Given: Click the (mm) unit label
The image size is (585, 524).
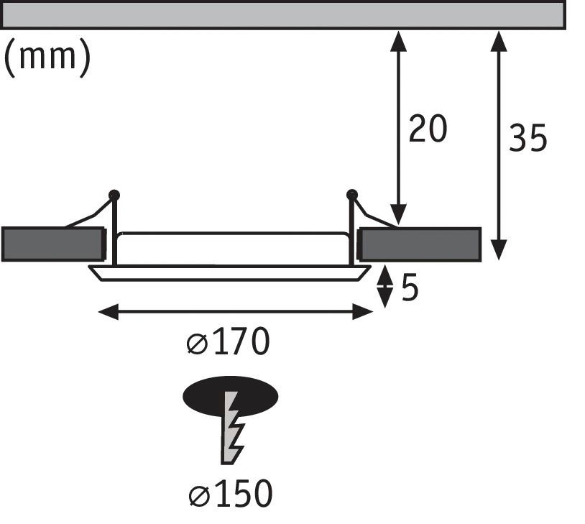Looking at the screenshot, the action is (x=47, y=57).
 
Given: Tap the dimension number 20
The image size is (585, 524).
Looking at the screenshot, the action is (x=428, y=129).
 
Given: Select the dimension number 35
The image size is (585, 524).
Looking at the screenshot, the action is (x=528, y=138).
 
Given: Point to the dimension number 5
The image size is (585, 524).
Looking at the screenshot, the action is (x=410, y=288).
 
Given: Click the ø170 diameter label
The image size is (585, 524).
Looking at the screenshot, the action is (x=228, y=341).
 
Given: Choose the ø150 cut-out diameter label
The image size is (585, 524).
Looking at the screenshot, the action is (x=231, y=493).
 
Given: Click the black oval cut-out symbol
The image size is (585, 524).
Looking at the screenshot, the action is (x=231, y=397).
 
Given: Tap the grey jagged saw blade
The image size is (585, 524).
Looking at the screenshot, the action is (x=232, y=428).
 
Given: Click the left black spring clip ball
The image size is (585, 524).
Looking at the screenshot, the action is (x=114, y=196).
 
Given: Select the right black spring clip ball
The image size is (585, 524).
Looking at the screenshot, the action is (x=352, y=195).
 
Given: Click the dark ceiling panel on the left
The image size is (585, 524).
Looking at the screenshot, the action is (x=53, y=244).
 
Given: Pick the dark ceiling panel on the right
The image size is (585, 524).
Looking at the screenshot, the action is (x=420, y=244).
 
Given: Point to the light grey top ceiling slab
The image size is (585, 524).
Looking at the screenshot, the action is (x=284, y=14).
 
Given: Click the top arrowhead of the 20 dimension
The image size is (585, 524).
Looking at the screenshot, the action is (x=398, y=41).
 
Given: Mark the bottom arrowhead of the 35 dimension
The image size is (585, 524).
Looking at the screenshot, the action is (x=499, y=250).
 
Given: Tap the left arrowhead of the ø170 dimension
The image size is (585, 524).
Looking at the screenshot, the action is (x=109, y=312).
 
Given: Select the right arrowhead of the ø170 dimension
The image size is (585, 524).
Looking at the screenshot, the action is (x=363, y=312).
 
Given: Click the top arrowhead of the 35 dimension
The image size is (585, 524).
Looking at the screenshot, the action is (x=499, y=41).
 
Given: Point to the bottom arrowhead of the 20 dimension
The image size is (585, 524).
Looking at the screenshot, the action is (x=398, y=215).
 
